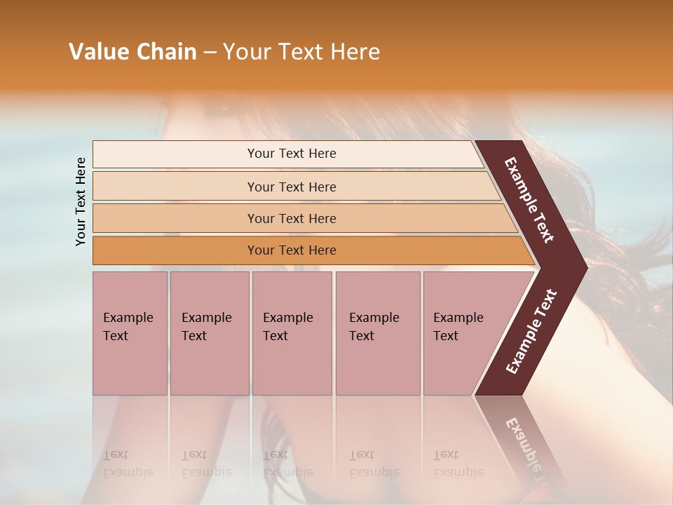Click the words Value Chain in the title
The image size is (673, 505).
coord(132,52)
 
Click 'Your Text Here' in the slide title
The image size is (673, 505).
coord(301,52)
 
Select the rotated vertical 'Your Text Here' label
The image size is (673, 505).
coord(81,201)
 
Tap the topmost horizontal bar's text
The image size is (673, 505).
coord(292,154)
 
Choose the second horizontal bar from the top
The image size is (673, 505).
coord(292,187)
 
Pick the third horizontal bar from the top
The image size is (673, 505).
coord(292,219)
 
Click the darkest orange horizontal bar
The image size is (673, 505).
coord(292,250)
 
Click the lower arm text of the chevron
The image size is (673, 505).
coord(531,332)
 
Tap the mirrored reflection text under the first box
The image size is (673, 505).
coord(128,464)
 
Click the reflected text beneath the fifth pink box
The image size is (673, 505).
coord(458,464)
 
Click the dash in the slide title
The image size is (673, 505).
coord(210,53)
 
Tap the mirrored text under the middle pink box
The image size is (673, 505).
coord(287,464)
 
